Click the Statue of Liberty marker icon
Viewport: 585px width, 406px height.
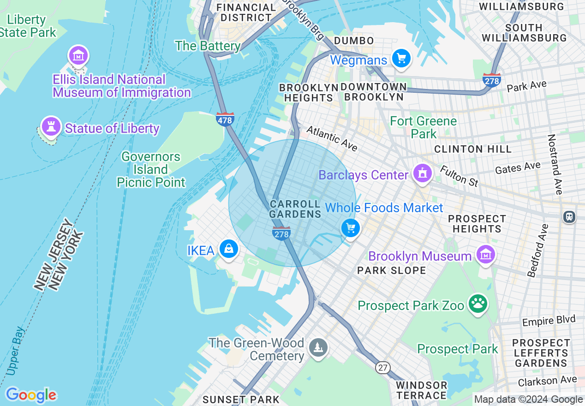[x=51, y=126]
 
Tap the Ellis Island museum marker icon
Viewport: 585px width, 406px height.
[x=78, y=56]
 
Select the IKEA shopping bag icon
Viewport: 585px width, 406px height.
[x=228, y=249]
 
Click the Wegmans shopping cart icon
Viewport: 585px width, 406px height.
[x=401, y=59]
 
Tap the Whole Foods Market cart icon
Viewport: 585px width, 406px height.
[x=351, y=228]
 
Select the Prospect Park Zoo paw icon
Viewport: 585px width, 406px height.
[x=478, y=304]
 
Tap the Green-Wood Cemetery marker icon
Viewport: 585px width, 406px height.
[x=318, y=347]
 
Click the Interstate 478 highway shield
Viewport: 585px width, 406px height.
[x=225, y=119]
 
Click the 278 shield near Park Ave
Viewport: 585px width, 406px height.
[x=492, y=80]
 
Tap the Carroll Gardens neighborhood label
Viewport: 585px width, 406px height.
[x=295, y=209]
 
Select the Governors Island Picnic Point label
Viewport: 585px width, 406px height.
[x=150, y=169]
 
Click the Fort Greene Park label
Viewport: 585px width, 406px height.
[x=424, y=127]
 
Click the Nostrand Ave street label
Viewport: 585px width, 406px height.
[x=555, y=164]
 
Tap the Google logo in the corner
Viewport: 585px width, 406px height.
[x=31, y=395]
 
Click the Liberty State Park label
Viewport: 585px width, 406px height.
[x=28, y=26]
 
